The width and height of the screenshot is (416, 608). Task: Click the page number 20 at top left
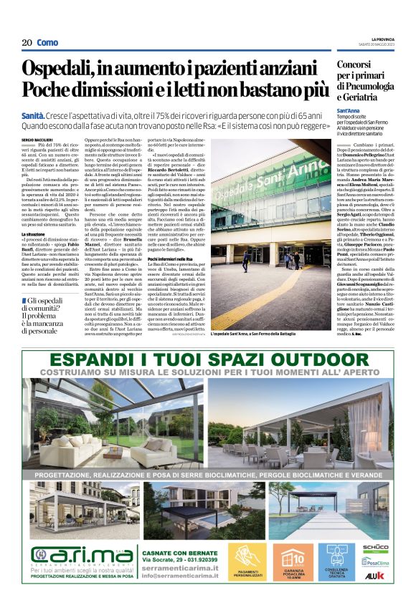[27, 43]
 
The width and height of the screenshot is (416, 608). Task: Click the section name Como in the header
[48, 43]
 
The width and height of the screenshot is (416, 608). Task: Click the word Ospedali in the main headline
[67, 70]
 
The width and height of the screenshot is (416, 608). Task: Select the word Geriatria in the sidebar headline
[358, 97]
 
